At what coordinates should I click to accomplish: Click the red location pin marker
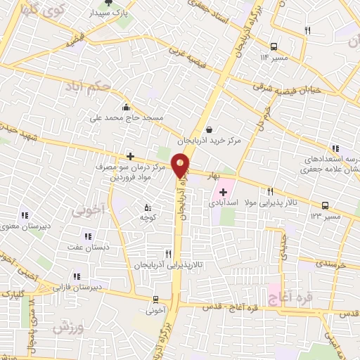click(181, 167)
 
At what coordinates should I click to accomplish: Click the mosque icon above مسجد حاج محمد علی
click(125, 108)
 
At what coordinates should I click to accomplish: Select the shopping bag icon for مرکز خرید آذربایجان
click(210, 129)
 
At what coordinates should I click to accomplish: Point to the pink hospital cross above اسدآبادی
click(223, 192)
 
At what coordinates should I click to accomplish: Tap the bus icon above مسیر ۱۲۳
click(325, 206)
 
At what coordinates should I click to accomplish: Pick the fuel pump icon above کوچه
click(147, 207)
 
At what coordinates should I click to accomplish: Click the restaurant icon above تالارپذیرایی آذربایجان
click(167, 254)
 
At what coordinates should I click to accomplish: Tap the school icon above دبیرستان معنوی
click(25, 216)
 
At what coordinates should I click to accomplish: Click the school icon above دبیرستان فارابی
click(76, 276)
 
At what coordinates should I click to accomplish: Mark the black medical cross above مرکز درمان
click(129, 156)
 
